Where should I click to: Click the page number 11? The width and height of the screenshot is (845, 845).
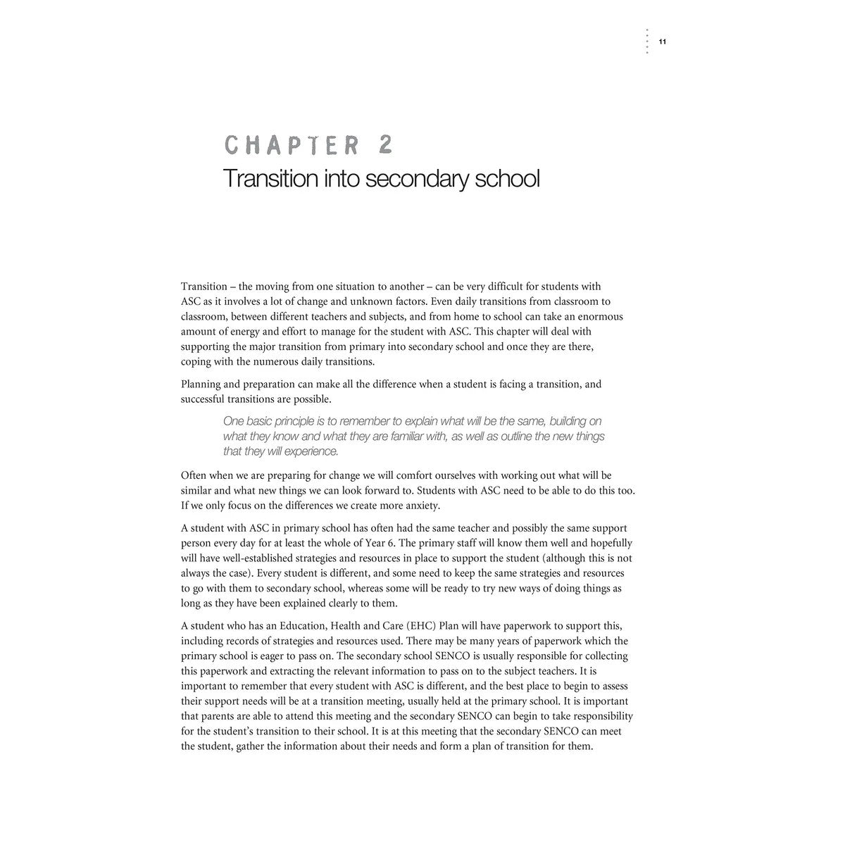tap(663, 42)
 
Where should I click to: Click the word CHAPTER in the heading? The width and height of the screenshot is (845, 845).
tap(293, 145)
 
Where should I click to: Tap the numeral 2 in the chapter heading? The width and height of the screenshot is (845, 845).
tap(384, 145)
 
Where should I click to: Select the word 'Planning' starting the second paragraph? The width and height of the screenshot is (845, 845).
tap(202, 384)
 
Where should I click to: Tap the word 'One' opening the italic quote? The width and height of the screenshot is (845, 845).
tap(234, 421)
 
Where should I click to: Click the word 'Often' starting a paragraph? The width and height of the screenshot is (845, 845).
tap(194, 475)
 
